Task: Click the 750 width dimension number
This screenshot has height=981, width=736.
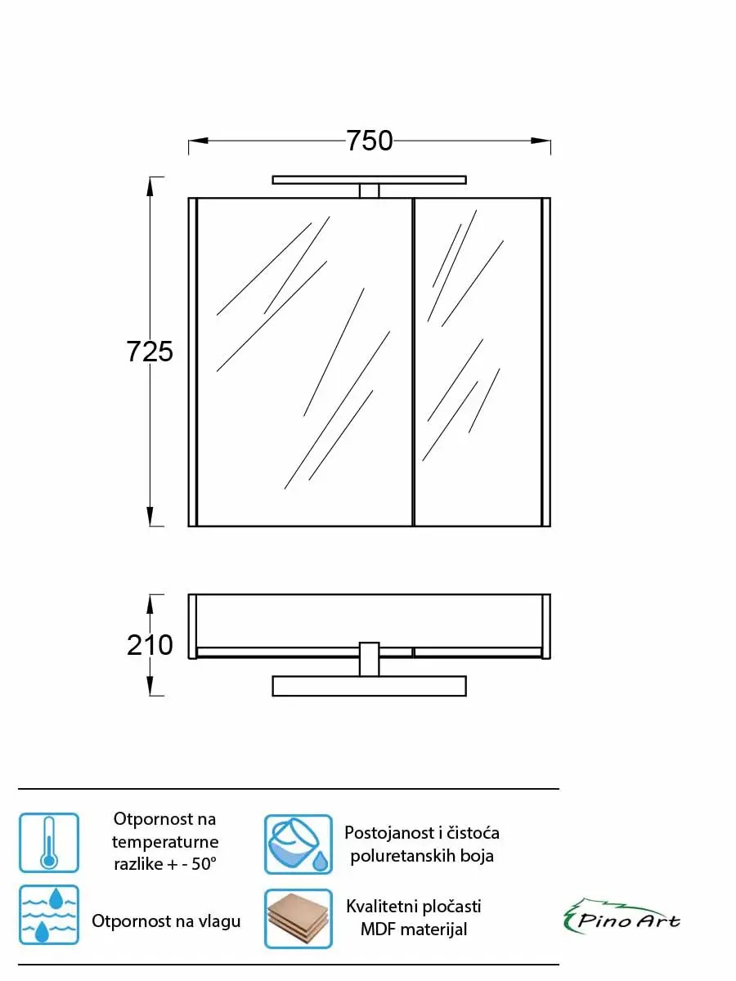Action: (370, 141)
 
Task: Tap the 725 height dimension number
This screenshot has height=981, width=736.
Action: (150, 352)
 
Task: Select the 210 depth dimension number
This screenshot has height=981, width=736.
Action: (150, 645)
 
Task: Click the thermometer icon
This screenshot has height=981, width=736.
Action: (49, 843)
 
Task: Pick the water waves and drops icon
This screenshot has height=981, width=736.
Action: (49, 915)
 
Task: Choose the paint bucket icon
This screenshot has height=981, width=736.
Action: (298, 844)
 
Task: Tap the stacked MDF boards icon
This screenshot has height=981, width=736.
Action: (298, 919)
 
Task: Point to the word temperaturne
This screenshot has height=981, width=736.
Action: (165, 842)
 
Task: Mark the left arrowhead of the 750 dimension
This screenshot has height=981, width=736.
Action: (198, 141)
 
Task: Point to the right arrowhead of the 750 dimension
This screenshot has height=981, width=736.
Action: (541, 141)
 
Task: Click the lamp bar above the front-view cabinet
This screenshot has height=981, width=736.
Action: (369, 180)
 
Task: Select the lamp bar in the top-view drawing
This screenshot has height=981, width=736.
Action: (369, 686)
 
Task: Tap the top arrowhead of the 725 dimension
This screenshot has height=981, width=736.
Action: (150, 187)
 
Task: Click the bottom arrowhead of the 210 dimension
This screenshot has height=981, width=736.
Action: (150, 686)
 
